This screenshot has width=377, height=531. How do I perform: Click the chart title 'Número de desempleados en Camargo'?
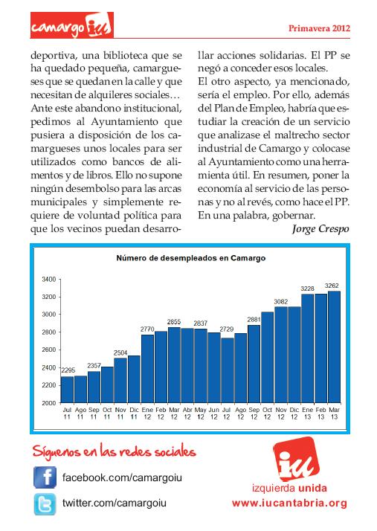click(190, 258)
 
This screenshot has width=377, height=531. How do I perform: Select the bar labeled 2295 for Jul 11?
click(67, 390)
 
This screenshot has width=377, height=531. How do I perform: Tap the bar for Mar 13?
click(334, 347)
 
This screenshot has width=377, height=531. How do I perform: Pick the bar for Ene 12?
click(147, 369)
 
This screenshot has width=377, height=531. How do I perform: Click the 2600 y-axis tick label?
click(49, 350)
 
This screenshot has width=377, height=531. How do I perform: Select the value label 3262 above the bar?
click(332, 286)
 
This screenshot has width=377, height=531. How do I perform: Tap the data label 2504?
click(120, 353)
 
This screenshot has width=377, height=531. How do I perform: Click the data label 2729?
click(227, 329)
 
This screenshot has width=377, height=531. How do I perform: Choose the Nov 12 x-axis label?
click(281, 413)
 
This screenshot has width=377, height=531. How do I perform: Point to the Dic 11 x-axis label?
click(134, 413)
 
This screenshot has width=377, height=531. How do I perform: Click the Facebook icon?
click(45, 477)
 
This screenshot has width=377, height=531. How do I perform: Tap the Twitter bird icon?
click(45, 504)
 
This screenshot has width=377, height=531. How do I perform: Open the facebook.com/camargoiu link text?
click(122, 477)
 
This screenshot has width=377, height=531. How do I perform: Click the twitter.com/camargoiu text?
click(115, 503)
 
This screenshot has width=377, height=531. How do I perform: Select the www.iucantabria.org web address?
click(289, 503)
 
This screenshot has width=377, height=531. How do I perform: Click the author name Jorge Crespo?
click(320, 229)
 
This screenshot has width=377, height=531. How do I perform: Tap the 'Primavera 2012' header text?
click(319, 28)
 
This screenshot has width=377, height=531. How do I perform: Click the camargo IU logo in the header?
click(72, 25)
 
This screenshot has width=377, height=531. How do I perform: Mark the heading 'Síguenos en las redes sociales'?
click(115, 451)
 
